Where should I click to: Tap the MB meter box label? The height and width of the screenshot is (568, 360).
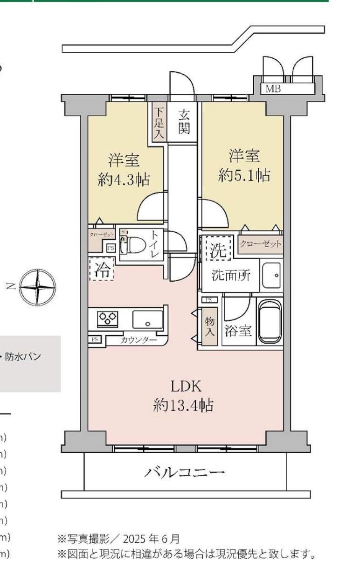(273, 89)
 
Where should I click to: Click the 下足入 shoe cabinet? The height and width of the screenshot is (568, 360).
(159, 123)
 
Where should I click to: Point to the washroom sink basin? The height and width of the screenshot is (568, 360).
(271, 276)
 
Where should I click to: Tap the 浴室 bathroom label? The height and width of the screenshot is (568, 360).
(238, 331)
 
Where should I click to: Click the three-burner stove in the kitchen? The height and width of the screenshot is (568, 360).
(108, 319)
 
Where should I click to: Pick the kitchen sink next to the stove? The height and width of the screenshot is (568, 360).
(147, 319)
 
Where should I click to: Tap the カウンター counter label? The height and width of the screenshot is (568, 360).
(138, 340)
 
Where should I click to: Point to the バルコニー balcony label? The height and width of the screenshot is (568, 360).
(184, 473)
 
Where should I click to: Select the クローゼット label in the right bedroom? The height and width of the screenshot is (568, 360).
(261, 244)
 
